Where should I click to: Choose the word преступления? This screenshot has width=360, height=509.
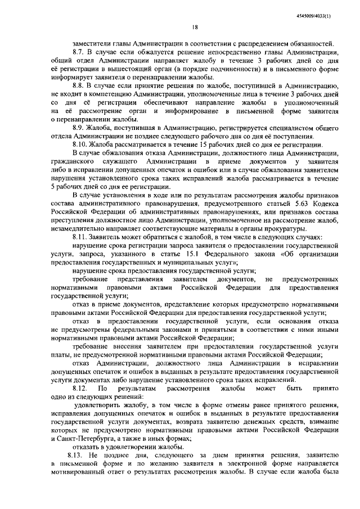(73, 220)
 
